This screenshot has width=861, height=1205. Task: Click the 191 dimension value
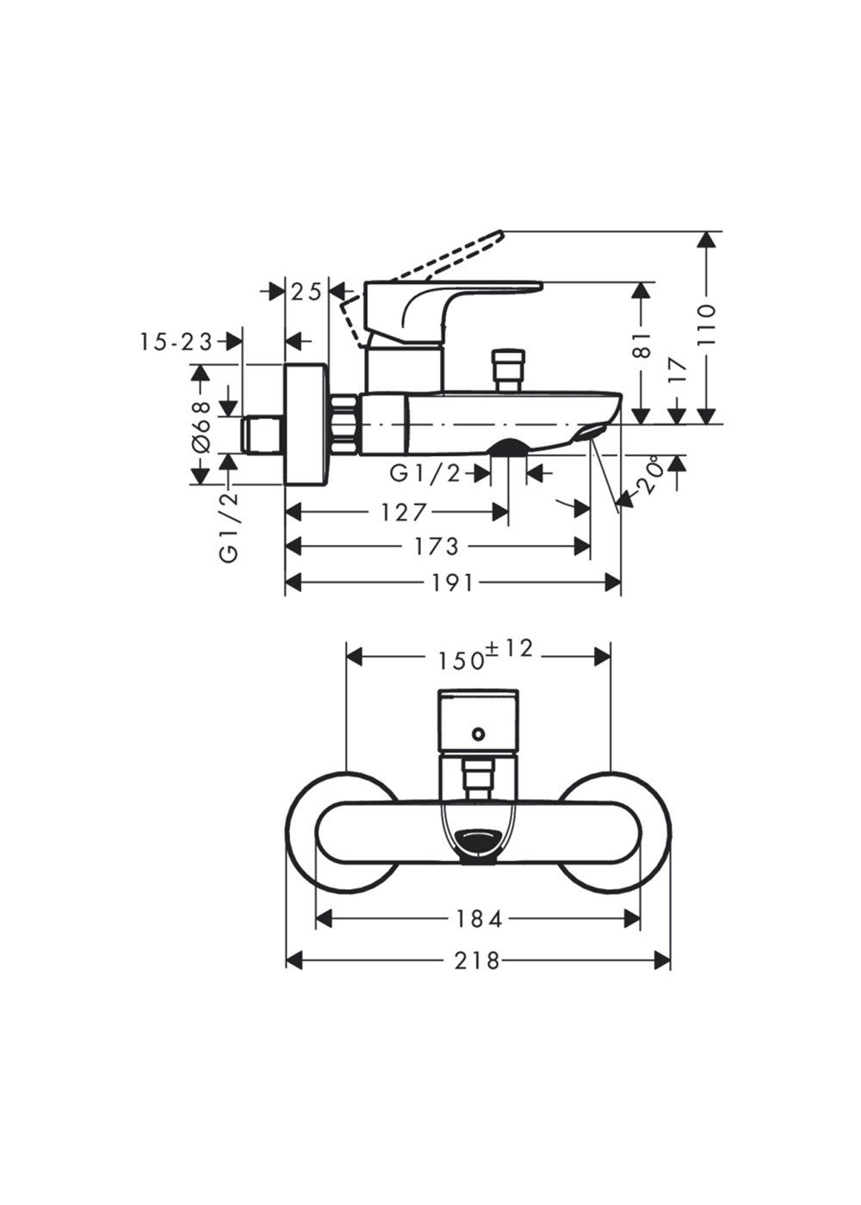pos(451,582)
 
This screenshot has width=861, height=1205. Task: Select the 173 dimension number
pos(436,546)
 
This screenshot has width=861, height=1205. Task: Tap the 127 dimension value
pos(403,512)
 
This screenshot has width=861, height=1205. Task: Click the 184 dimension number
pos(477,919)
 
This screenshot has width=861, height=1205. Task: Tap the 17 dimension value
pos(678,370)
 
